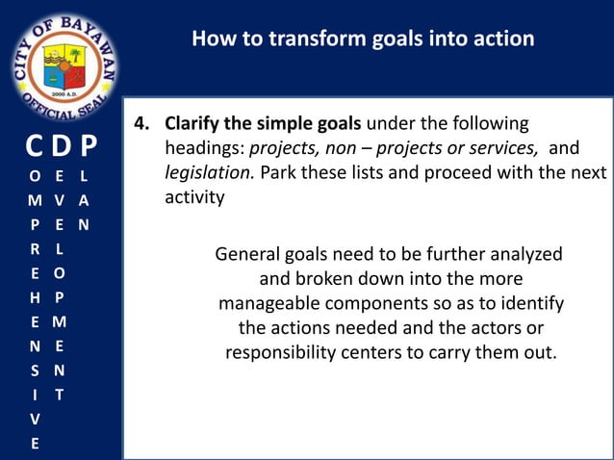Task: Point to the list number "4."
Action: [x=142, y=125]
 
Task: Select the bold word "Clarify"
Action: [x=195, y=125]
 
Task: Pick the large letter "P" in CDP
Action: [x=89, y=146]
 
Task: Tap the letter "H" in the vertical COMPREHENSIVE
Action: [x=35, y=298]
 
